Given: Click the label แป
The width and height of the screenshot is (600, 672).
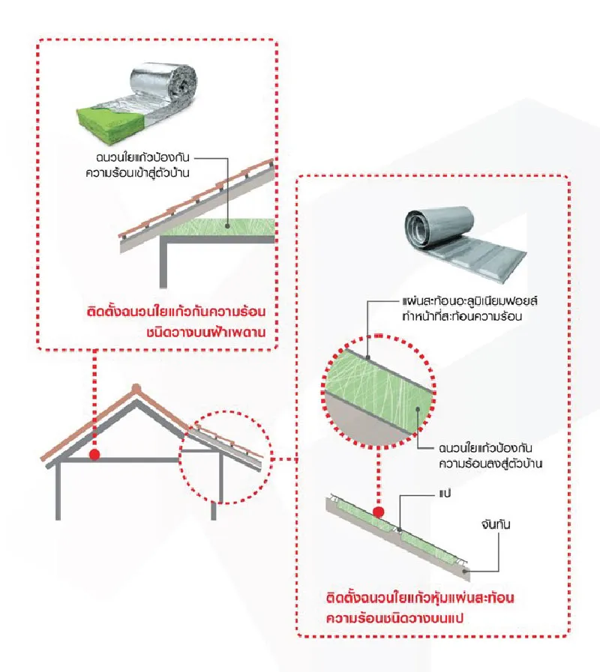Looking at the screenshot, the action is [445, 494].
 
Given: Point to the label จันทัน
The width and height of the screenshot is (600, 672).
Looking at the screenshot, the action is [496, 524].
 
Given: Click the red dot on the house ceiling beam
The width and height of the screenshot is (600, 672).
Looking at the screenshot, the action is [94, 455].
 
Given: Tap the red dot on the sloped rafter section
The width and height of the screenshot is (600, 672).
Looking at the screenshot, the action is [378, 512].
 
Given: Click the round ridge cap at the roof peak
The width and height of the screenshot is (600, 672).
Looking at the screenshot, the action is [136, 388].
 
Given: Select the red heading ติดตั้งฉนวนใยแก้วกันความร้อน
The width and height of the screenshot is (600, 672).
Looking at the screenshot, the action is [176, 312].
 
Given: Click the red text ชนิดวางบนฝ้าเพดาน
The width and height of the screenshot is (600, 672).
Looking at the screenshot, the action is [206, 332].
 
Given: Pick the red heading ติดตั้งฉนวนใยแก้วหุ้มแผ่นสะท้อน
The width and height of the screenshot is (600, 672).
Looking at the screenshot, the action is [420, 598].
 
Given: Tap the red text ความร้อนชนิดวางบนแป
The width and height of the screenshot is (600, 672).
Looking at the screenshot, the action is [394, 618].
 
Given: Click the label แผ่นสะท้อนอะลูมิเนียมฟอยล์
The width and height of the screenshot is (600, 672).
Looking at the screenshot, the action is [469, 301].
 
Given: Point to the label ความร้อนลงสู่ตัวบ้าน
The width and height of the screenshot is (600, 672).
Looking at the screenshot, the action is [490, 464].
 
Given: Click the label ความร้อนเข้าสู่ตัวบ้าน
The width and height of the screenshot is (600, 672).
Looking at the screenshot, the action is [137, 173].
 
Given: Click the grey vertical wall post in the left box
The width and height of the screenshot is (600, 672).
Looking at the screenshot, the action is [163, 262].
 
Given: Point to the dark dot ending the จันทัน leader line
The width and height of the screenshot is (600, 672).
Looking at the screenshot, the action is [465, 572].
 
